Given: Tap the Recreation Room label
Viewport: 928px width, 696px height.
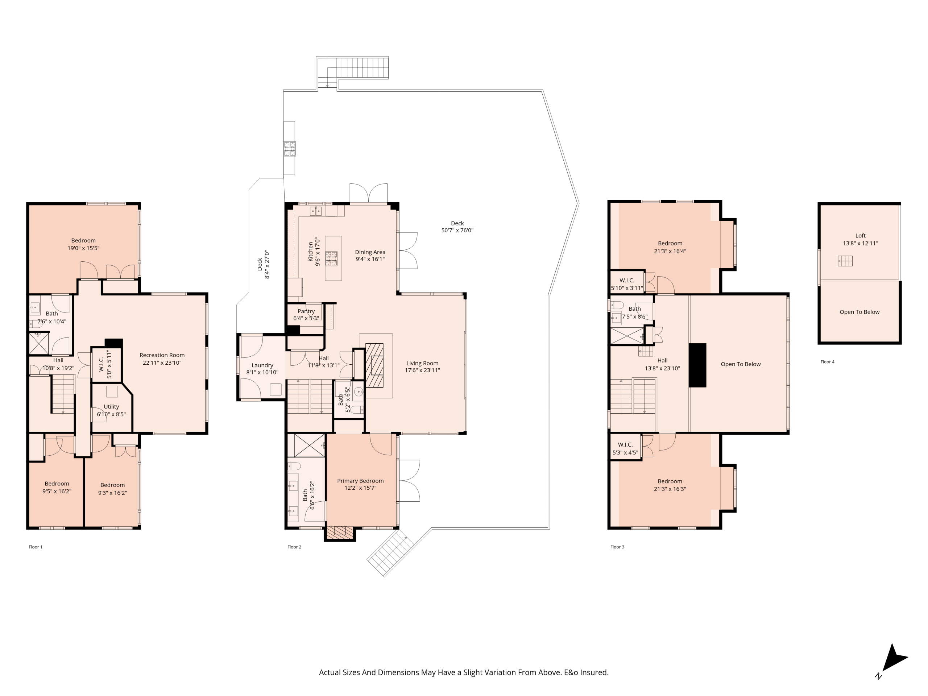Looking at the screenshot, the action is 162,355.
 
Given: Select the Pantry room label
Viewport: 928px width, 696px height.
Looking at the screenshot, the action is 306,311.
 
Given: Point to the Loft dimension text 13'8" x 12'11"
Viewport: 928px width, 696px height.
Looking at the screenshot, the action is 861,243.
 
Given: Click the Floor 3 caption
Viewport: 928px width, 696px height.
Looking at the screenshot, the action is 617,547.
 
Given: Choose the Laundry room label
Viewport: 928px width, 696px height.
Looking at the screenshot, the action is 262,365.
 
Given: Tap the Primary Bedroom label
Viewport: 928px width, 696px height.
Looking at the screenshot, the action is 360,481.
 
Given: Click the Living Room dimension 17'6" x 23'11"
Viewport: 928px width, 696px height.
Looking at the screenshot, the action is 422,370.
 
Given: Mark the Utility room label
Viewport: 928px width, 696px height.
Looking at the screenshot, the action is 111,406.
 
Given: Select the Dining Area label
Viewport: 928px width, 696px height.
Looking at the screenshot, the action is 370,252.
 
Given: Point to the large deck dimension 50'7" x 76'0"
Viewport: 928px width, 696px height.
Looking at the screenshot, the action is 457,230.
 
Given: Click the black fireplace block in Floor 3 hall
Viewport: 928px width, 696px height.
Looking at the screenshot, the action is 697,365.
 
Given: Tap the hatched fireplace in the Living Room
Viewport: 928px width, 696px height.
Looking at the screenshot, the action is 374,365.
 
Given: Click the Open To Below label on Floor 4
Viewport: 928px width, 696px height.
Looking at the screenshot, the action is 859,312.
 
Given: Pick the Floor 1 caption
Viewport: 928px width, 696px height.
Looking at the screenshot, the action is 35,547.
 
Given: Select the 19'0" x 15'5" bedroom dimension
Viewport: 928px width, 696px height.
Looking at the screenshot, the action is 83,248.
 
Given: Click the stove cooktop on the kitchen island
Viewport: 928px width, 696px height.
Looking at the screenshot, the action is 331,258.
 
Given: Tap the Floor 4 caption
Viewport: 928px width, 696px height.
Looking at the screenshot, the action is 827,362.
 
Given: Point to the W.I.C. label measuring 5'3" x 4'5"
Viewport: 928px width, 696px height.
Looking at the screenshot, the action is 625,445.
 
